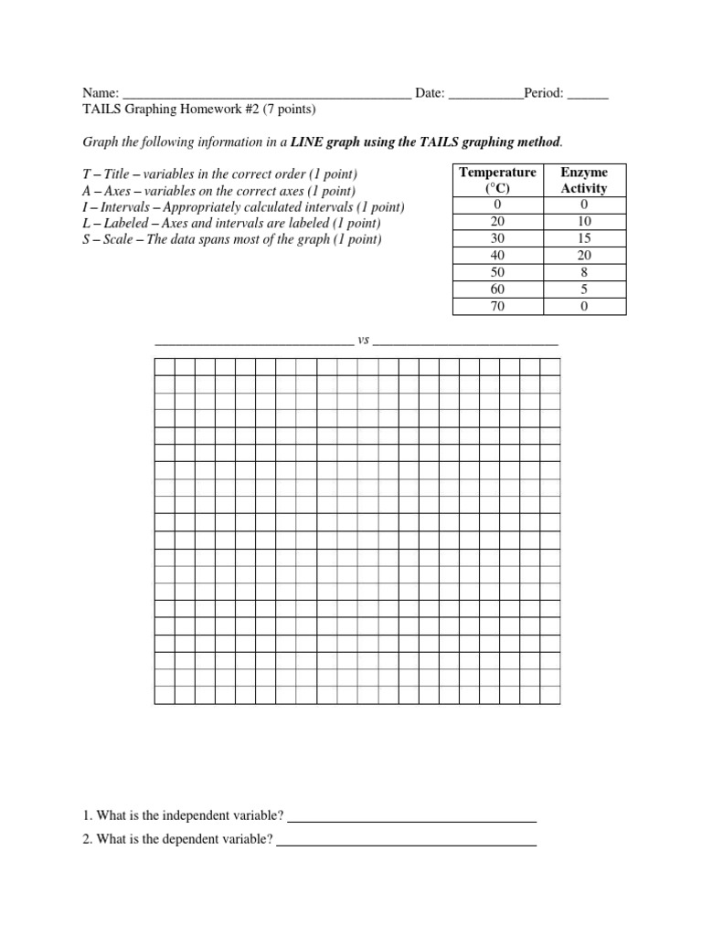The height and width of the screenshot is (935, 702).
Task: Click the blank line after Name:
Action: (x=267, y=95)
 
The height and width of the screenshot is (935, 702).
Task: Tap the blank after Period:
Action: (x=588, y=95)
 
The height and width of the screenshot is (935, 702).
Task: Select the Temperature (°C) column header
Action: (x=497, y=180)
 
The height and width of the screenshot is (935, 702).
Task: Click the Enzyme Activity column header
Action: (x=583, y=180)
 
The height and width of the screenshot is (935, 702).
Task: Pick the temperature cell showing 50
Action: (x=497, y=273)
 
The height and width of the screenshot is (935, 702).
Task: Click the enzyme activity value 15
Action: (x=583, y=238)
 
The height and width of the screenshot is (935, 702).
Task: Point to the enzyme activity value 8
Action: (x=583, y=273)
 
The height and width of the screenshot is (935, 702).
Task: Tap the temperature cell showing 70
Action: (x=497, y=307)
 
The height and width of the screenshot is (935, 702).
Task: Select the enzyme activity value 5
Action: (x=583, y=290)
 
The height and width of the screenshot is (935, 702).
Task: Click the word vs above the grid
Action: (x=363, y=340)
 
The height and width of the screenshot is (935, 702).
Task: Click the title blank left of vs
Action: (x=253, y=343)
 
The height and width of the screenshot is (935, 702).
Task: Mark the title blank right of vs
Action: (x=465, y=343)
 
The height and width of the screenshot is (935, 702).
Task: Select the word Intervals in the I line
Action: (x=125, y=206)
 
